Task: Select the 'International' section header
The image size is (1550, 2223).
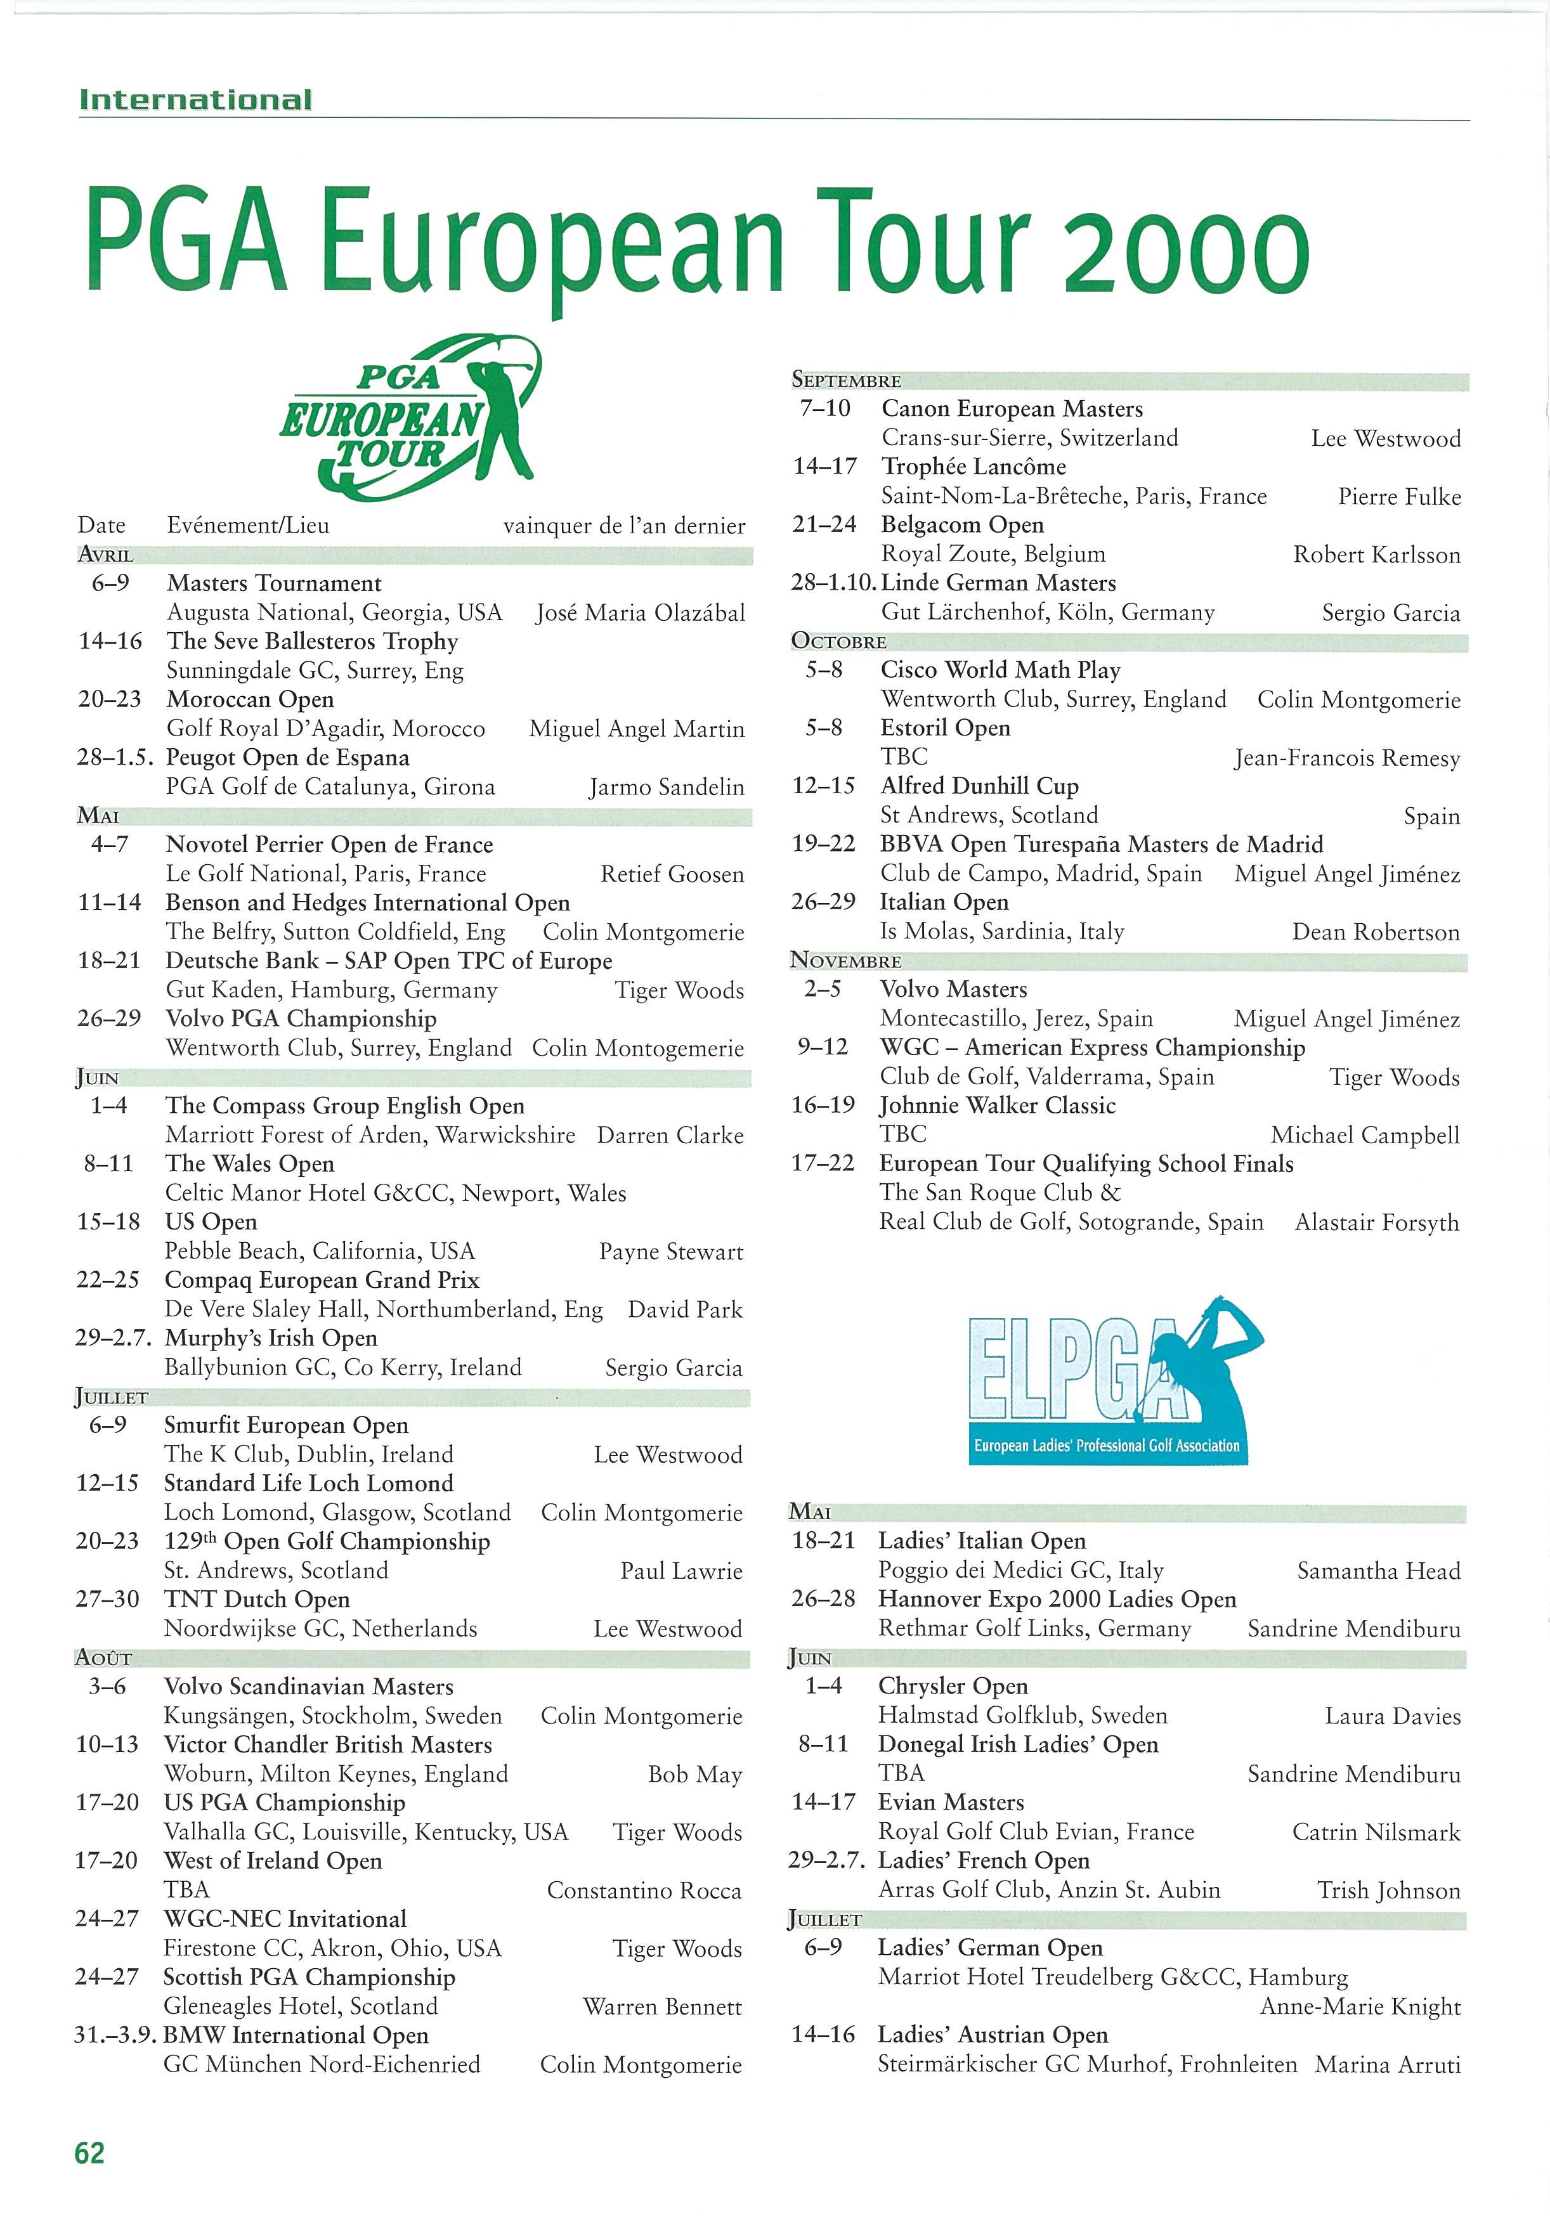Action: [x=195, y=100]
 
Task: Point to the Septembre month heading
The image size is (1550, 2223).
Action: [x=846, y=380]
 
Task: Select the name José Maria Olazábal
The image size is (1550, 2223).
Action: [x=640, y=613]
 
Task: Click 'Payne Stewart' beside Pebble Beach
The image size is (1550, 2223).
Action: [x=671, y=1252]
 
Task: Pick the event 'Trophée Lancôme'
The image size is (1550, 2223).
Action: [x=973, y=467]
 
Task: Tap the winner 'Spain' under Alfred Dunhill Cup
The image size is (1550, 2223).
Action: [x=1431, y=816]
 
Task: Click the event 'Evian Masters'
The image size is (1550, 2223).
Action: [x=950, y=1802]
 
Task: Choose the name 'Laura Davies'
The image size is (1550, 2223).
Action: [x=1392, y=1716]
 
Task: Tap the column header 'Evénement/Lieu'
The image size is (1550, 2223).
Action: [x=248, y=526]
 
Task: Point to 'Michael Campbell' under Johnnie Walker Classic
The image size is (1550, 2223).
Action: [x=1364, y=1135]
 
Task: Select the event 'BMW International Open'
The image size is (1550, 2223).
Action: [x=296, y=2035]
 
